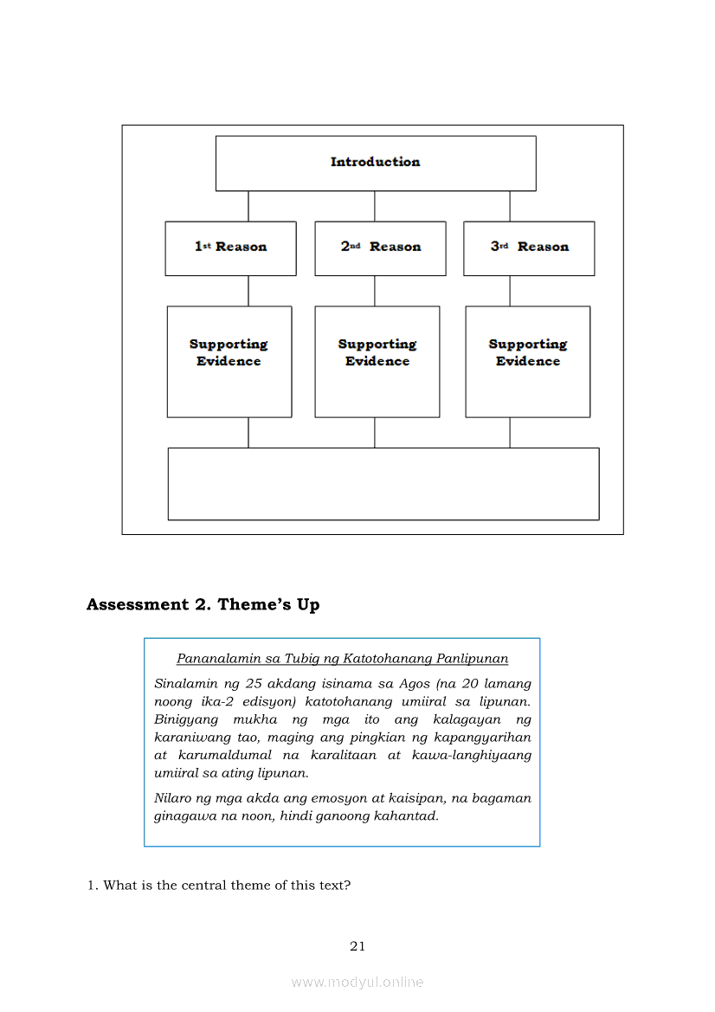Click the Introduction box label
(375, 162)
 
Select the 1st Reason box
(230, 248)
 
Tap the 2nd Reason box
(380, 248)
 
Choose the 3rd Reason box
(529, 248)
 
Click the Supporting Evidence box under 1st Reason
(229, 361)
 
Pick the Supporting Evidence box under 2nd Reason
(377, 361)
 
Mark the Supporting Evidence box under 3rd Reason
(527, 361)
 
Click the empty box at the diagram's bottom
(383, 483)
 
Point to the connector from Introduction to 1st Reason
(248, 206)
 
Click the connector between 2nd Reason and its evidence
(375, 291)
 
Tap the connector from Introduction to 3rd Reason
(510, 206)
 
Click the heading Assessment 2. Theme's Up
(203, 605)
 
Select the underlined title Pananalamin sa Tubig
(342, 659)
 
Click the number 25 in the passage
(231, 684)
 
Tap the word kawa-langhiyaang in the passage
(474, 755)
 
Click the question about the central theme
(218, 886)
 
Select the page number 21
(357, 946)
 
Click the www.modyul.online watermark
(357, 982)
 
